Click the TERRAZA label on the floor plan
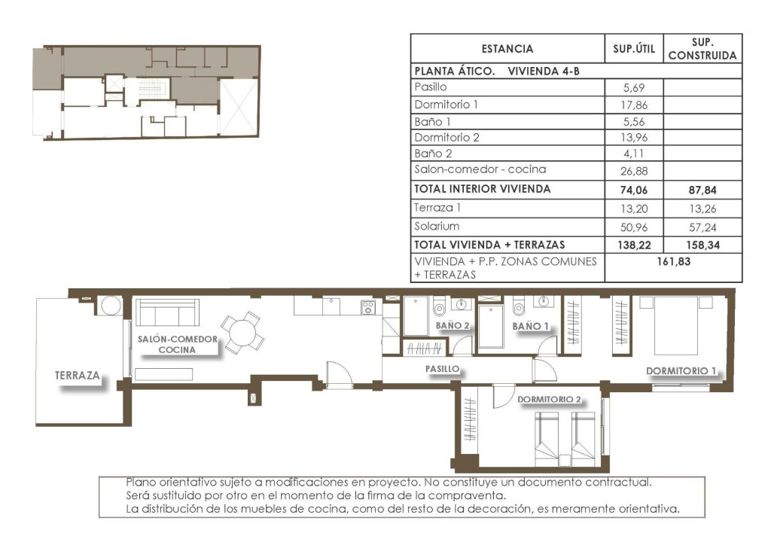pyautogui.click(x=78, y=375)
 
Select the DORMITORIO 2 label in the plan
pyautogui.click(x=549, y=400)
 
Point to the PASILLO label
pyautogui.click(x=442, y=370)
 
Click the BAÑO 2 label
pyautogui.click(x=453, y=326)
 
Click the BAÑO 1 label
pyautogui.click(x=529, y=326)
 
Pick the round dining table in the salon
pyautogui.click(x=243, y=331)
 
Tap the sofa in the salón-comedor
pyautogui.click(x=166, y=312)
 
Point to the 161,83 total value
pyautogui.click(x=673, y=261)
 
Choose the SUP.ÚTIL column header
pyautogui.click(x=634, y=49)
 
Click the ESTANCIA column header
pyautogui.click(x=507, y=49)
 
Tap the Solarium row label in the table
pyautogui.click(x=437, y=226)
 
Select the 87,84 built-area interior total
pyautogui.click(x=702, y=190)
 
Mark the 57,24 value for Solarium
pyautogui.click(x=702, y=227)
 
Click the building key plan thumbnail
pyautogui.click(x=146, y=93)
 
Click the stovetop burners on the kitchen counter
pyautogui.click(x=368, y=306)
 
